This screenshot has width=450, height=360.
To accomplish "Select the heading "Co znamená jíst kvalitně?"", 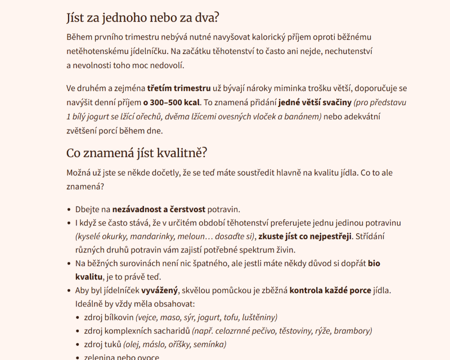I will click(x=137, y=152).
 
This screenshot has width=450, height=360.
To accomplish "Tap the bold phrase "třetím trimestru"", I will click(x=179, y=88).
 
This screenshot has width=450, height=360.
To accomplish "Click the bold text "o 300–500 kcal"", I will click(x=171, y=103).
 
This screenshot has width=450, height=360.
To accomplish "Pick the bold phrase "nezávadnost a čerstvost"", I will click(x=159, y=209).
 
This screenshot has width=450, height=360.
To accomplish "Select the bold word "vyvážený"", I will click(x=160, y=290).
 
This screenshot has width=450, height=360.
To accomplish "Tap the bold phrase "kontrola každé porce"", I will click(x=330, y=290).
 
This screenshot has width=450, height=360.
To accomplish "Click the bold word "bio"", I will click(x=375, y=263).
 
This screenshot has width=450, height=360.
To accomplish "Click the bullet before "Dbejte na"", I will click(x=69, y=209).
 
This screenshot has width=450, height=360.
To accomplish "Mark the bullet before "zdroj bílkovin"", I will click(x=77, y=317).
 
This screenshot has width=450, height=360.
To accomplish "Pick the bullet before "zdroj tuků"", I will click(x=77, y=344).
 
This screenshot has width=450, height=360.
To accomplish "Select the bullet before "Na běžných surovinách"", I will click(x=69, y=263).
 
